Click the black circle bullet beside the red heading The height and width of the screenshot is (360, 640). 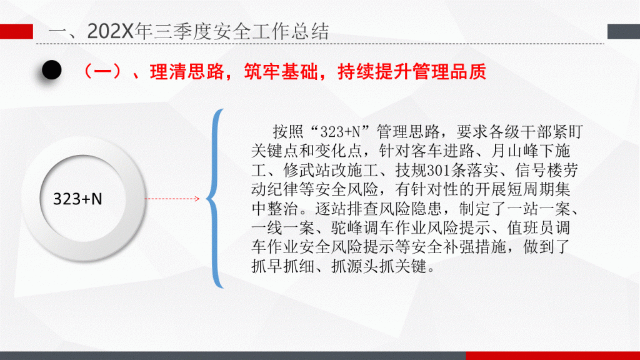coord(52,70)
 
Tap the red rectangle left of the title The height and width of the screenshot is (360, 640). coord(16,31)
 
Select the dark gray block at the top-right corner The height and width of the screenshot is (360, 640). coord(623,31)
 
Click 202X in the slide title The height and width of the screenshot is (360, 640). coord(110,31)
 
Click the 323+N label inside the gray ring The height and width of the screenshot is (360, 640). coord(77,199)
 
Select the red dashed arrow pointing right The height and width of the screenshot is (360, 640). coord(172,199)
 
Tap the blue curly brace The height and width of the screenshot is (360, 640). coord(215,199)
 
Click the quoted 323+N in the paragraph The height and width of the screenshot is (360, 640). coord(340,132)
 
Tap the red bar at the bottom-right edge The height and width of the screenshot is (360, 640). coord(552,356)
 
